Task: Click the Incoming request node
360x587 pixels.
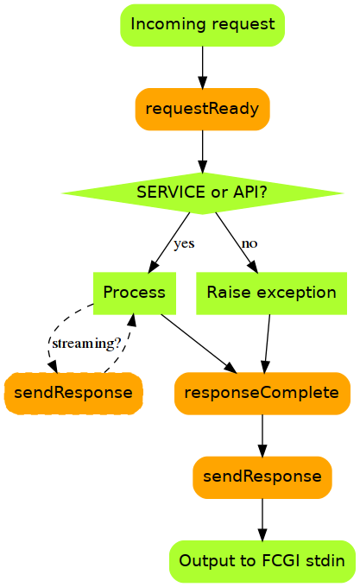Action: [202, 25]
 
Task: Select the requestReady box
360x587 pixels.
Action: [202, 109]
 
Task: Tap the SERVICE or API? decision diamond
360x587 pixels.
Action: [202, 193]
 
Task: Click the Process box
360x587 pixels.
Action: [135, 293]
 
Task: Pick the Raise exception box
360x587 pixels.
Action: [271, 293]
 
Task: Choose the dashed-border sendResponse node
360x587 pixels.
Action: [73, 393]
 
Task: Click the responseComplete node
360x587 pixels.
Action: [262, 393]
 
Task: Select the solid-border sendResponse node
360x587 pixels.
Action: [262, 477]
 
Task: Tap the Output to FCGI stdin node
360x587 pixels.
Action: [262, 561]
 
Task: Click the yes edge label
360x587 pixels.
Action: [184, 243]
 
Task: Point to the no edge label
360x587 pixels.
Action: [249, 243]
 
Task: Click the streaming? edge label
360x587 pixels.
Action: [86, 344]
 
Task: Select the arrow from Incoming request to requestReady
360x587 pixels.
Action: [203, 67]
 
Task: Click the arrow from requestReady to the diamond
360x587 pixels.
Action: [203, 152]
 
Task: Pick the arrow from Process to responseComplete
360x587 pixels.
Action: [199, 344]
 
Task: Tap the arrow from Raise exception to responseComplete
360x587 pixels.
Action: [267, 344]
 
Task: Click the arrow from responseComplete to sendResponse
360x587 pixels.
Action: [262, 435]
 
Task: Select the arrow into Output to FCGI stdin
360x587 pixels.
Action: [262, 520]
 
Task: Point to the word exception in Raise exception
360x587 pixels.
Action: [296, 293]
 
